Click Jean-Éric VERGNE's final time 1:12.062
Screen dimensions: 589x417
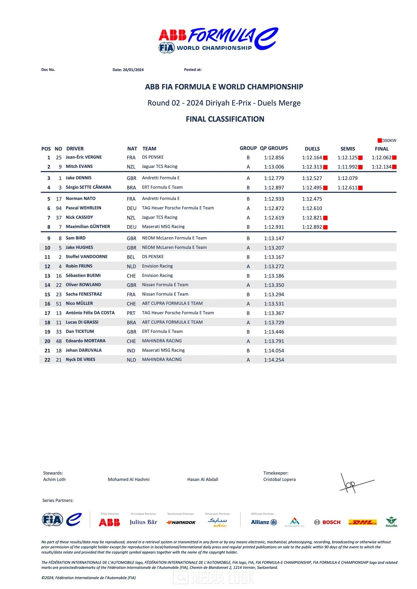381,158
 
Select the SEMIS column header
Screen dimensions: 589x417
348,149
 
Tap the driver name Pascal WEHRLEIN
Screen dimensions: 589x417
83,208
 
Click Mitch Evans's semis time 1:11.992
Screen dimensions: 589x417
347,167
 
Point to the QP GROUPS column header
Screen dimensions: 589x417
274,148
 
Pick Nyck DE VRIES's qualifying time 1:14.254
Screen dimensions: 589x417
274,360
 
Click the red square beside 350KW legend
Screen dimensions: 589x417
380,141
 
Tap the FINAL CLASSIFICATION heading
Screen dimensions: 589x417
225,119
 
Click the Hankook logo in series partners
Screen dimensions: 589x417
181,522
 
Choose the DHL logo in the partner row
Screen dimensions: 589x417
363,522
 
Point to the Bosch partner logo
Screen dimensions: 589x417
327,522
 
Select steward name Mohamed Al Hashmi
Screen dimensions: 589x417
129,479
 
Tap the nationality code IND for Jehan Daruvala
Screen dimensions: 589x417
131,351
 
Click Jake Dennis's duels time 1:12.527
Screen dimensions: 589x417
312,178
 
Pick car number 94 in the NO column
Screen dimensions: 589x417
59,208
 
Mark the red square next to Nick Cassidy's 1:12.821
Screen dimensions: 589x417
325,218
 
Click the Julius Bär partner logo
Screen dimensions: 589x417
143,522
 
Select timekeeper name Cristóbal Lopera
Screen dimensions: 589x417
280,479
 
